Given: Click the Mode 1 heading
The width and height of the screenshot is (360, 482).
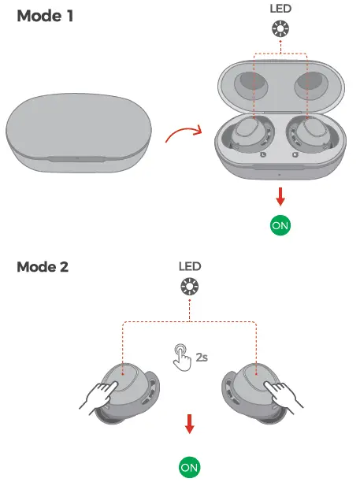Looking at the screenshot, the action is [x=45, y=16].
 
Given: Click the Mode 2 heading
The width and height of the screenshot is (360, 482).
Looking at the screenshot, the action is [x=43, y=267].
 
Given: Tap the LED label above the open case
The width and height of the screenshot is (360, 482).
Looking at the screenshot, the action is [x=280, y=9].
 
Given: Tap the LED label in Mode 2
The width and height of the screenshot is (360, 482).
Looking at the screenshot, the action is [x=190, y=266].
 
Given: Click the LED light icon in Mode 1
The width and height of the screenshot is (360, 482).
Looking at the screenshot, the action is [x=280, y=29].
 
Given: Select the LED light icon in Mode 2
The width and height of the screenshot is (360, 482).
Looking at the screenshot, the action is [x=189, y=287].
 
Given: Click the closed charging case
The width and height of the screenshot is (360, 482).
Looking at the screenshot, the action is [x=79, y=133].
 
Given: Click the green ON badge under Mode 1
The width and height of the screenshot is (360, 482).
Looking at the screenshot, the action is [x=280, y=225].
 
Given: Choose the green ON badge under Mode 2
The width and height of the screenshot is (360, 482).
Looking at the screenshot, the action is [x=189, y=467].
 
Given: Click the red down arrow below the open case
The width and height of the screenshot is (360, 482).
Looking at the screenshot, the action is [x=280, y=197].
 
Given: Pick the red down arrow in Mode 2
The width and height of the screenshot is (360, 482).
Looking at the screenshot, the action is [x=190, y=424].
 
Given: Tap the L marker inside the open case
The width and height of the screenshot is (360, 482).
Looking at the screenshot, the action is [x=263, y=154].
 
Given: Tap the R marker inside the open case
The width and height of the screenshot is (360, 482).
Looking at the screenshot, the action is [x=295, y=154].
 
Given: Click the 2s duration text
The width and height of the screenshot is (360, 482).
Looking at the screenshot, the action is [x=202, y=358].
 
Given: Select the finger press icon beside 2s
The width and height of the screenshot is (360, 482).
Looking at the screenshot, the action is [x=183, y=357].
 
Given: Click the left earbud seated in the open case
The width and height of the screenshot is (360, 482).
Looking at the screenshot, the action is [x=251, y=135].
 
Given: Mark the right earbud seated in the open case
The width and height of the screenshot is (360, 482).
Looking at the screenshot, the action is [x=311, y=135].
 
